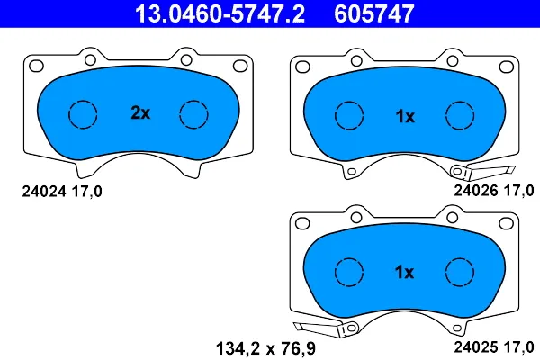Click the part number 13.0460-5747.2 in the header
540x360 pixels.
tap(220, 13)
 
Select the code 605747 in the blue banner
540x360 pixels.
tap(374, 13)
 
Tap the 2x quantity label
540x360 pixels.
tap(140, 112)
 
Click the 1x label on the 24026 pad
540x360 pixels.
tap(405, 117)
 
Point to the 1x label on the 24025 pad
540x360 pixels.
tap(405, 272)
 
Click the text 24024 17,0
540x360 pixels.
tap(62, 192)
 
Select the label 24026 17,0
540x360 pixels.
tap(494, 191)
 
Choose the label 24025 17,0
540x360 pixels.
tap(494, 346)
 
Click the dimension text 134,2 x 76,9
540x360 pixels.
tap(265, 348)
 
